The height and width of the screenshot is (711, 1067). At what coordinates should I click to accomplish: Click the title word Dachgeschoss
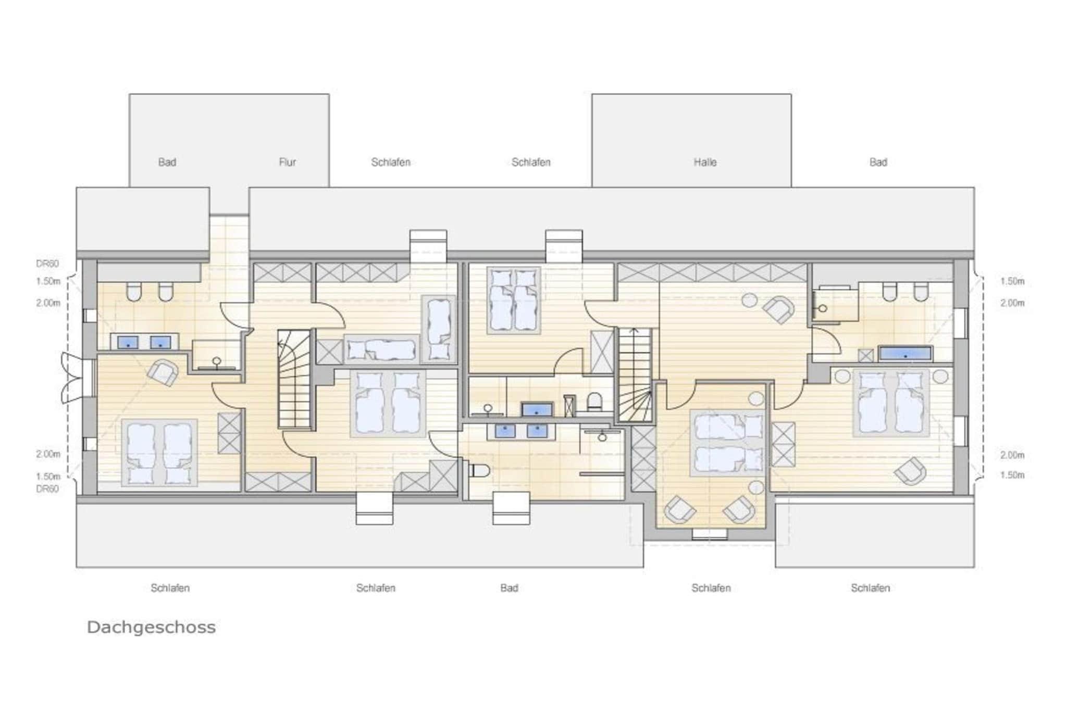coord(151,627)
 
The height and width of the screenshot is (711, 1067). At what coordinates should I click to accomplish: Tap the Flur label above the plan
coord(287,162)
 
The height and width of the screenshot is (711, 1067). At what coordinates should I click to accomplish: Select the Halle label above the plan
coord(705,162)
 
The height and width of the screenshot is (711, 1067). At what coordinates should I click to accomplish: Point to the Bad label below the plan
coord(509,588)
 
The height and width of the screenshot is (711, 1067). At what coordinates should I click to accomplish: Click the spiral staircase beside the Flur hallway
coord(294,379)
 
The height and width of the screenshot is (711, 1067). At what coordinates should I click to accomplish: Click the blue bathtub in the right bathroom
coord(905,354)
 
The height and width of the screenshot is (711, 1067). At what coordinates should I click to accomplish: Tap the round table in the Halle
coord(750,301)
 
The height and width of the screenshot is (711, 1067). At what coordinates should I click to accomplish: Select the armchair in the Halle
coord(778,309)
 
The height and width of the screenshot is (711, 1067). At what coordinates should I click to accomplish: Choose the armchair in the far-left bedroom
coord(163,372)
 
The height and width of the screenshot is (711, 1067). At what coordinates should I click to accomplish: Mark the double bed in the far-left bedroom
coord(159,453)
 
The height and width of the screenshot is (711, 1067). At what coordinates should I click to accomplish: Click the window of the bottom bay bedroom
coord(709,534)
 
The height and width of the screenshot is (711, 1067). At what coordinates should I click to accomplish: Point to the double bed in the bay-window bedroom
coord(727,443)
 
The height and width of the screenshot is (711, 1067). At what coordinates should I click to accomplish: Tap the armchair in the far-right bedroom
coord(910,471)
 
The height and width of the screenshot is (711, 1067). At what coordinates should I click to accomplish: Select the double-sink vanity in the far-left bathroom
coord(144,342)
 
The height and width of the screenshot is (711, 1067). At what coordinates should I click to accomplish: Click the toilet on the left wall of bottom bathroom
coord(480,471)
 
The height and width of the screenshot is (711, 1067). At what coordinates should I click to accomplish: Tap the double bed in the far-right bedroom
coord(891,403)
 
